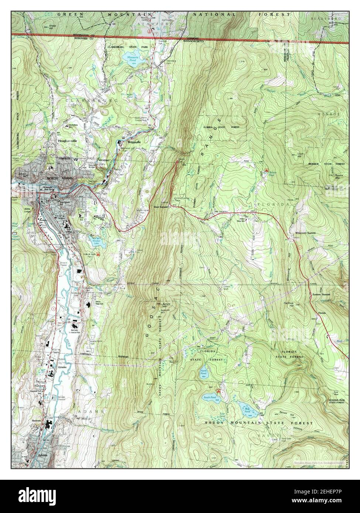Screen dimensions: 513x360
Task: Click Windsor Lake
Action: [96, 242]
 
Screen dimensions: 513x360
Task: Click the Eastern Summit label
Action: [320, 295]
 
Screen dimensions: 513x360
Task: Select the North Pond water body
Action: [205, 373]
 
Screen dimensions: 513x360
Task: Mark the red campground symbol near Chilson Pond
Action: [267, 170]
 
